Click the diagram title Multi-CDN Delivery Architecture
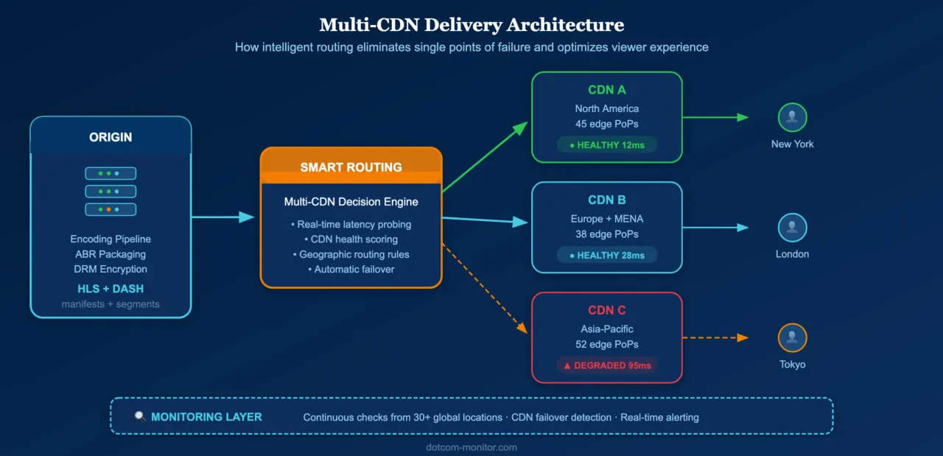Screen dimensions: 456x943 pos(471,25)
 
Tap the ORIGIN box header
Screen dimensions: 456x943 pos(111,138)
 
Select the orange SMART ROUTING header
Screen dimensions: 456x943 pos(351,167)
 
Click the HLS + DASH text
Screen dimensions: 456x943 pos(111,288)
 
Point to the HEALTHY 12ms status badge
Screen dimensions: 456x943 pos(606,145)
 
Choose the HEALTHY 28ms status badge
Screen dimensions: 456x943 pos(606,255)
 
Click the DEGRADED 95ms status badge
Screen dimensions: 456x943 pos(606,365)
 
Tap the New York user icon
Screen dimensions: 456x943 pos(792,117)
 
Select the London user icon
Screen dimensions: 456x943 pos(792,228)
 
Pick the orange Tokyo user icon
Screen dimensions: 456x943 pos(792,338)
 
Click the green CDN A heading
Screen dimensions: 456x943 pos(606,90)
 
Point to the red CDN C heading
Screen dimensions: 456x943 pos(606,310)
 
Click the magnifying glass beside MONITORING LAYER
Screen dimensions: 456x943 pos(140,417)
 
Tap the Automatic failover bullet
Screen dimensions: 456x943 pos(351,270)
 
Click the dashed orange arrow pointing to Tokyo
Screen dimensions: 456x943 pos(715,338)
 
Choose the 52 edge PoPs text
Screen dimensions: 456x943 pos(606,344)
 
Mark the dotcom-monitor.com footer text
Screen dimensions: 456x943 pos(471,447)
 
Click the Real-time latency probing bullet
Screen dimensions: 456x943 pos(351,224)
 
